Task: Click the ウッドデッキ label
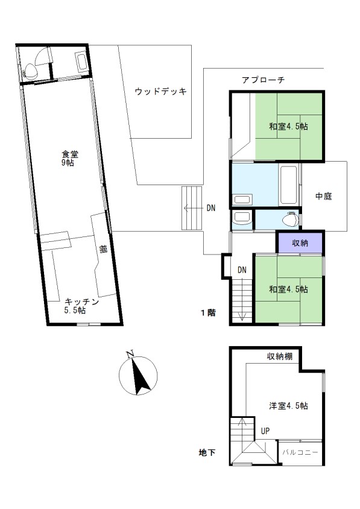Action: [x=160, y=91]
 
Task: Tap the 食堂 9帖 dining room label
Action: [x=69, y=158]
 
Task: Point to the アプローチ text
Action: [x=263, y=80]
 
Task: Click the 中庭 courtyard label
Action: [x=324, y=196]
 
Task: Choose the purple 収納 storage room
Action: [x=300, y=242]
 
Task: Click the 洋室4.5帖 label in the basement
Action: [x=288, y=405]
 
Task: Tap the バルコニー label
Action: [x=300, y=452]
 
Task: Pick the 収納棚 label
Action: [x=279, y=356]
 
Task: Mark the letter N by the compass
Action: [x=130, y=353]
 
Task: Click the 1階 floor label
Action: [x=208, y=312]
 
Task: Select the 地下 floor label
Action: [x=207, y=452]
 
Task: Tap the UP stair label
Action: [x=265, y=431]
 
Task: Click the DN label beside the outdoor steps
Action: [x=211, y=207]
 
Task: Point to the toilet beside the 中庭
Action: [x=291, y=220]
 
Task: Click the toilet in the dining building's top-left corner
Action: [x=31, y=71]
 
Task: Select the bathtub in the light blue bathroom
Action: [x=288, y=185]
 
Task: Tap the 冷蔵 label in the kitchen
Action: [x=103, y=249]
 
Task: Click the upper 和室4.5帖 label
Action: [x=288, y=126]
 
